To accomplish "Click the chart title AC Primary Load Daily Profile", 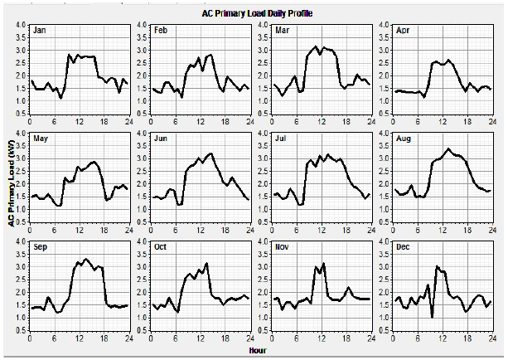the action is pyautogui.click(x=257, y=13).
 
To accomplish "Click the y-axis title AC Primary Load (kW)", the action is pyautogui.click(x=12, y=183).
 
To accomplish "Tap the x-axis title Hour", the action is pyautogui.click(x=258, y=350).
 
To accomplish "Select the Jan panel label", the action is pyautogui.click(x=40, y=30).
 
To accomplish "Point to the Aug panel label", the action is pyautogui.click(x=404, y=139).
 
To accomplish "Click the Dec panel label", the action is pyautogui.click(x=403, y=247).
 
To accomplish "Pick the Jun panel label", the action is pyautogui.click(x=161, y=139).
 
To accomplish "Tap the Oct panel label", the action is pyautogui.click(x=160, y=247).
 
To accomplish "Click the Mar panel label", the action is pyautogui.click(x=283, y=30).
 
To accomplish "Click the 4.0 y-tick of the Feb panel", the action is pyautogui.click(x=142, y=25).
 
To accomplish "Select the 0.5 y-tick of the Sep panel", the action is pyautogui.click(x=21, y=330).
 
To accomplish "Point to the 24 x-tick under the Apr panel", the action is pyautogui.click(x=492, y=122).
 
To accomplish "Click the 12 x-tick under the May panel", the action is pyautogui.click(x=80, y=230).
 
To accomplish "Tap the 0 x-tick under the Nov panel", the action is pyautogui.click(x=272, y=338).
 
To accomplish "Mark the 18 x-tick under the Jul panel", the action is pyautogui.click(x=346, y=230).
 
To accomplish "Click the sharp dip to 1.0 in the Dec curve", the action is pyautogui.click(x=432, y=317).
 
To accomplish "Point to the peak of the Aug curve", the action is pyautogui.click(x=448, y=148).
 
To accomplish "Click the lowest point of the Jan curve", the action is pyautogui.click(x=60, y=97).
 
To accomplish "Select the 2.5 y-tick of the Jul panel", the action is pyautogui.click(x=263, y=171).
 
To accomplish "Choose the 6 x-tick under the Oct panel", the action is pyautogui.click(x=176, y=338).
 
